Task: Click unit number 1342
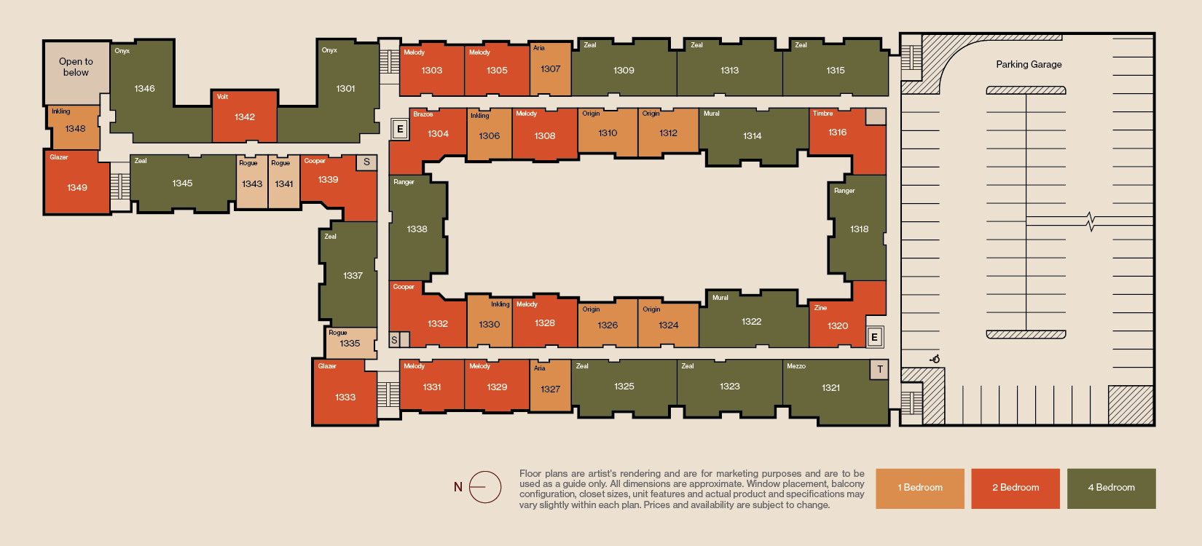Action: [245, 117]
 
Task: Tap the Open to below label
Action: [76, 67]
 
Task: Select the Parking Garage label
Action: [1029, 64]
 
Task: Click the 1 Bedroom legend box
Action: [920, 488]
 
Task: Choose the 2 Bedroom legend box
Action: [1016, 488]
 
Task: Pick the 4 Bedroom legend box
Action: [1112, 488]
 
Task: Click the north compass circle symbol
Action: [485, 487]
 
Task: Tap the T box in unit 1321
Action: [879, 369]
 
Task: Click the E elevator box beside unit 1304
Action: [400, 130]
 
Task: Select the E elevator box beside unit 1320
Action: [875, 337]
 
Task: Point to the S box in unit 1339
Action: [366, 162]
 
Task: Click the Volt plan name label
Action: [223, 97]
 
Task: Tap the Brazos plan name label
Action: [423, 114]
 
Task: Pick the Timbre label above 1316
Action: [822, 114]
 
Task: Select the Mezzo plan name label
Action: [796, 366]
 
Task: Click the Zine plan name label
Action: [820, 308]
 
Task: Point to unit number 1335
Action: [350, 344]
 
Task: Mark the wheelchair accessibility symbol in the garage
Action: [935, 359]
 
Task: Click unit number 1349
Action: [76, 188]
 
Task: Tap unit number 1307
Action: [551, 69]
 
